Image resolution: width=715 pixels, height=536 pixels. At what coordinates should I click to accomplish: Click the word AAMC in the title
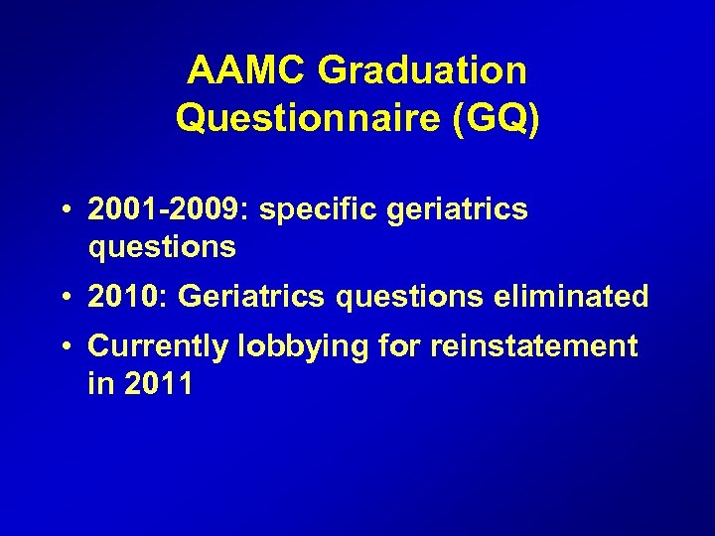tap(249, 70)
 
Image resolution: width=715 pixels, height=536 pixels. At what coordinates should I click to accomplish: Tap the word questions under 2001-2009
tap(163, 247)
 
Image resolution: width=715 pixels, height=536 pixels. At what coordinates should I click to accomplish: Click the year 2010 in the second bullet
tap(118, 296)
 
